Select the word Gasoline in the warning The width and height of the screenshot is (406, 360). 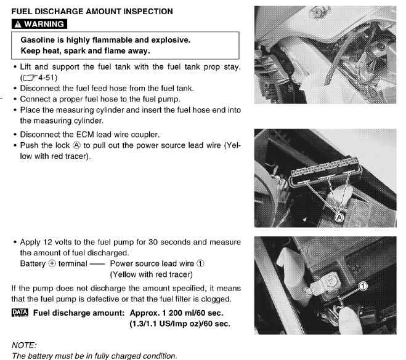click(x=41, y=41)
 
